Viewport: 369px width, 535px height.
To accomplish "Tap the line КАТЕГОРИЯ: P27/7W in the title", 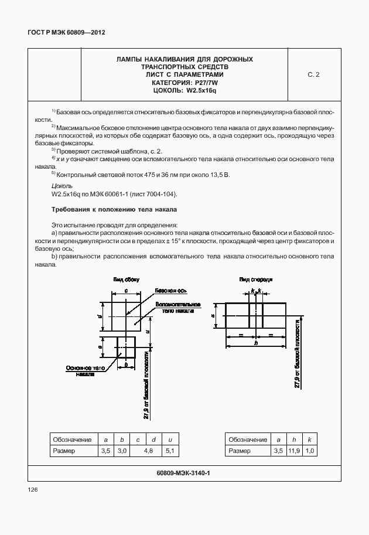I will coord(184,83).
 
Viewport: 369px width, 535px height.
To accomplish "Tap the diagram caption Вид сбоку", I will coord(125,281).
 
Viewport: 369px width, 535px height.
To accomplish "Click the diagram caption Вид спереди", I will coord(256,280).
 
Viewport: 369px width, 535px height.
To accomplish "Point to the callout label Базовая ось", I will coord(170,291).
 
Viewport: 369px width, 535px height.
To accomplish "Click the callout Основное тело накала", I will coord(85,370).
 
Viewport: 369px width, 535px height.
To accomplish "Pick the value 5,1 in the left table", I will coord(170,451).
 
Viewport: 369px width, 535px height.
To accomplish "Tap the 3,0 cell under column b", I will coord(122,451).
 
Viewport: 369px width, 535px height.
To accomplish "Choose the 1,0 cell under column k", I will coord(310,451).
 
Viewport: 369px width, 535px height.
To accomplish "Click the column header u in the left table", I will coord(170,439).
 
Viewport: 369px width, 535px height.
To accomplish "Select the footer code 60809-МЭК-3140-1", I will coord(184,472).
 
